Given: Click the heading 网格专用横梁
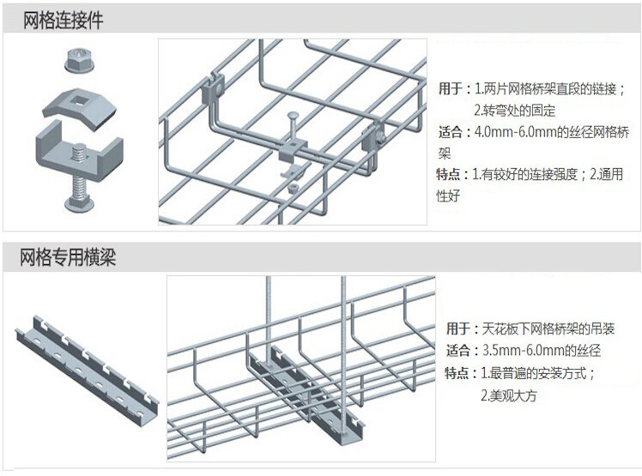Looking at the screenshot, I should [x=68, y=256].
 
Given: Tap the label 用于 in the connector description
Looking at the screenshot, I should [x=451, y=88].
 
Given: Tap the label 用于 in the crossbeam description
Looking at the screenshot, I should [x=459, y=328].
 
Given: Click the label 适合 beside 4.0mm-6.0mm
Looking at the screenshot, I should [x=451, y=132].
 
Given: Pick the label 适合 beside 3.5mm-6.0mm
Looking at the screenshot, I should [x=459, y=350].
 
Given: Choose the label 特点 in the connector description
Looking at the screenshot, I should [x=451, y=175].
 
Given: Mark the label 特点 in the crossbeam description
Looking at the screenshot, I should [x=459, y=373].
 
